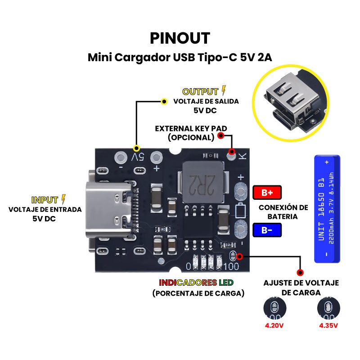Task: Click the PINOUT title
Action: click(180, 38)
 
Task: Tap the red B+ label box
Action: click(267, 193)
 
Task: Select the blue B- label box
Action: click(267, 230)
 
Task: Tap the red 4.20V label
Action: click(274, 325)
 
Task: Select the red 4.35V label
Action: click(328, 325)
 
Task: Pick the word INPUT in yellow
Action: click(45, 200)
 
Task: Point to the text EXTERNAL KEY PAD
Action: click(191, 128)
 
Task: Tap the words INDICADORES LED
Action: click(196, 283)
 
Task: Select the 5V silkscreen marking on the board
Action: click(138, 157)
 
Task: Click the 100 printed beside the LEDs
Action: click(231, 266)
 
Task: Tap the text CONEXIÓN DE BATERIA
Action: click(283, 212)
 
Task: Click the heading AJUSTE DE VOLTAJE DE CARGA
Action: click(301, 288)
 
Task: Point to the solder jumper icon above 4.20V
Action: click(274, 308)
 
